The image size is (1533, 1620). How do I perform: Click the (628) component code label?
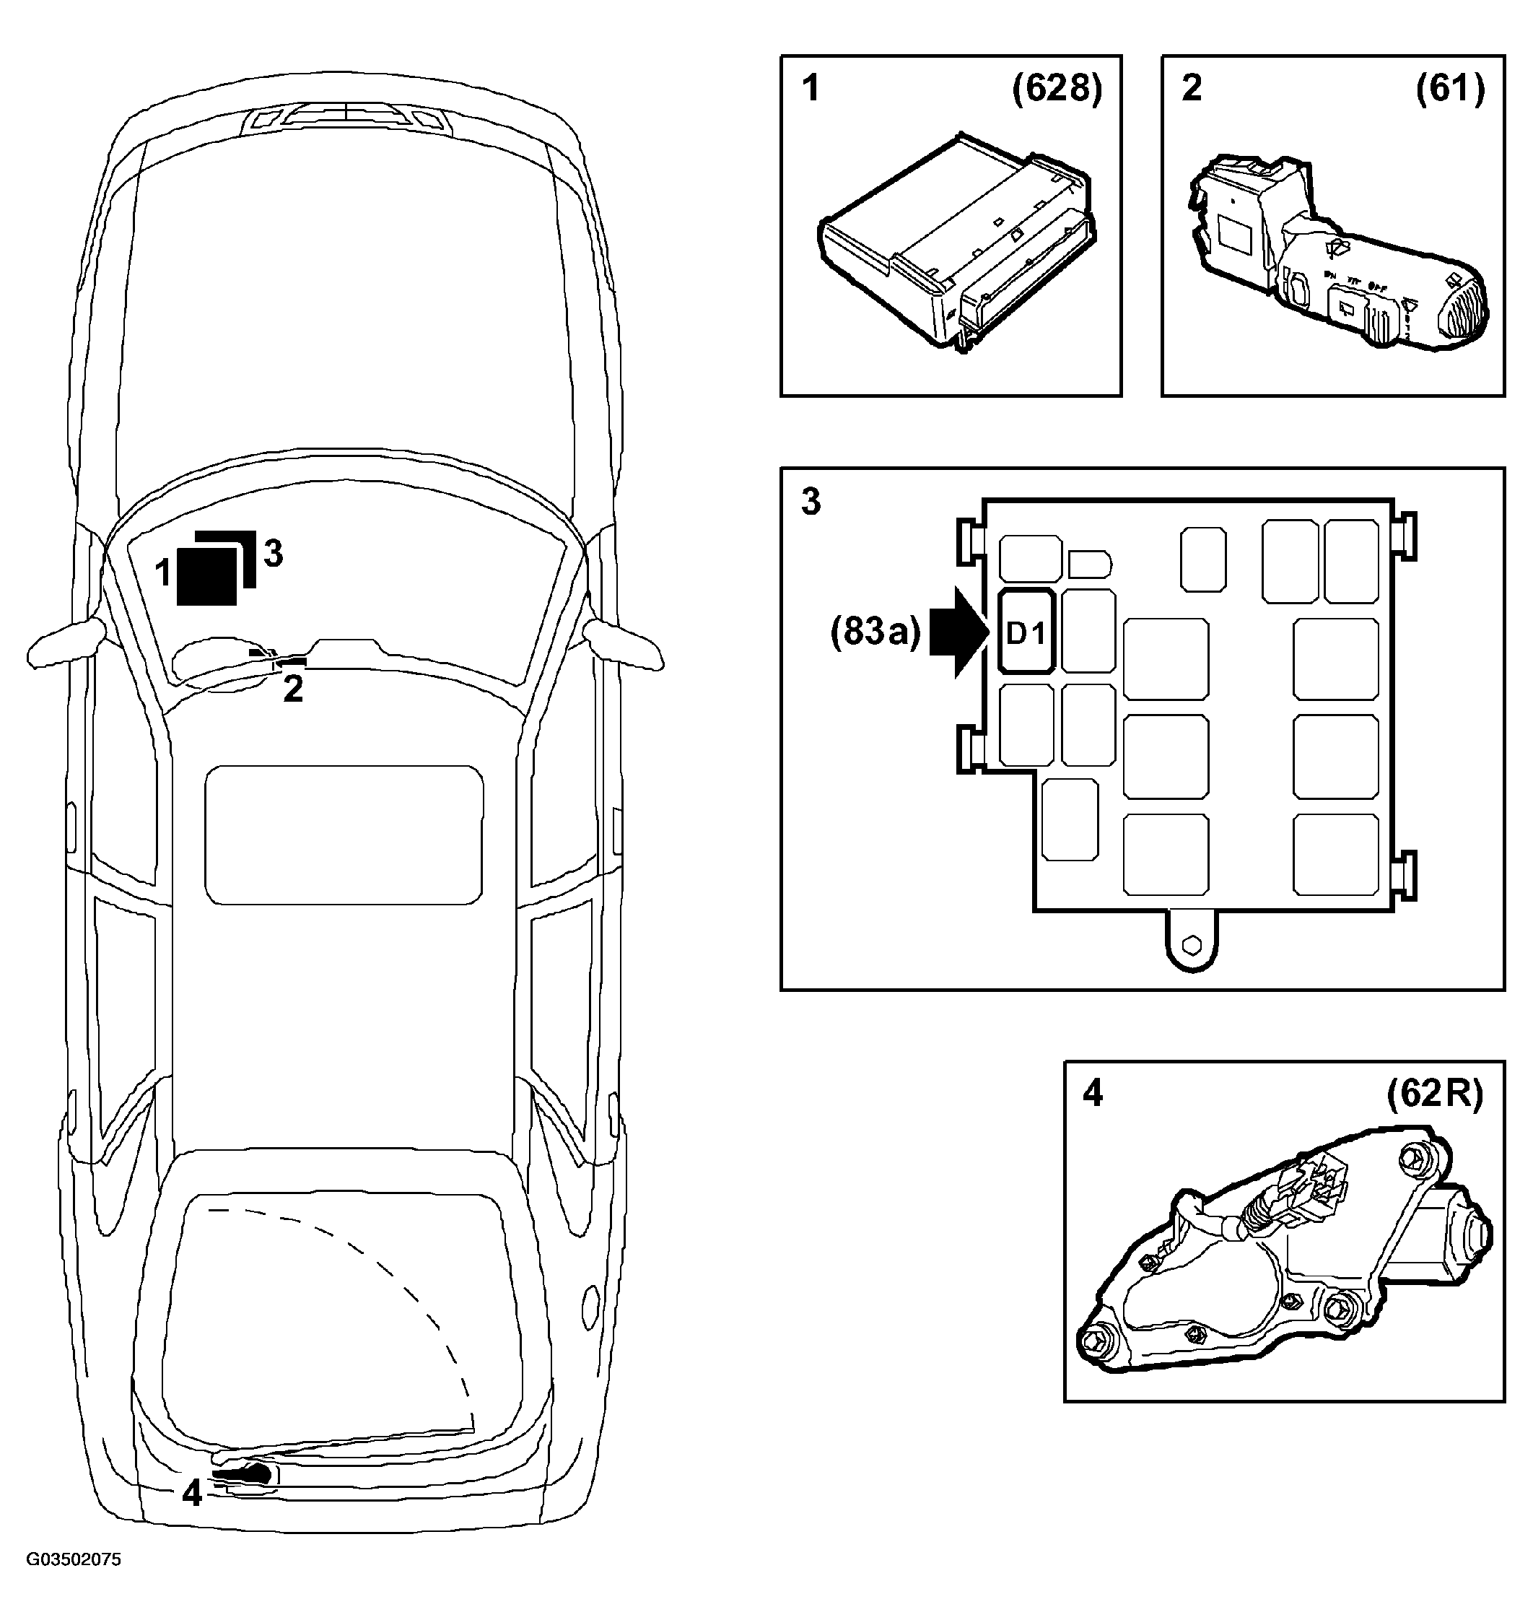click(1057, 87)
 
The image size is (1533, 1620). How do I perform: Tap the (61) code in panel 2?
click(1451, 87)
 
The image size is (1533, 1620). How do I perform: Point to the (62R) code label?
click(1435, 1094)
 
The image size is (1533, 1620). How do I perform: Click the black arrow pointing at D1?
click(961, 632)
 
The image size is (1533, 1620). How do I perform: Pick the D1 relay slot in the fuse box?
click(1027, 632)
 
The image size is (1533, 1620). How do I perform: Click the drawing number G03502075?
click(74, 1559)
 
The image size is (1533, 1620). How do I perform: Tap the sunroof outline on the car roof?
click(344, 835)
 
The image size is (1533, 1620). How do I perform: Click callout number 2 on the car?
click(292, 688)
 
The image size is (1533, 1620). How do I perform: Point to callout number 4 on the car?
click(192, 1494)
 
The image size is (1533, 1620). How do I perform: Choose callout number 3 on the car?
click(274, 553)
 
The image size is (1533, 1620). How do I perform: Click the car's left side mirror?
click(67, 642)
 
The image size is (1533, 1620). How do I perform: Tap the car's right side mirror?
click(623, 643)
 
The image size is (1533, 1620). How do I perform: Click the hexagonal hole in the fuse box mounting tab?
click(1192, 944)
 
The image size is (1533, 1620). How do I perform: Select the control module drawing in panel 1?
click(957, 243)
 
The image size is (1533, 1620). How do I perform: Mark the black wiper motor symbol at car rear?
click(243, 1473)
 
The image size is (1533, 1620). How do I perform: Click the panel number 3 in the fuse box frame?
click(811, 501)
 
